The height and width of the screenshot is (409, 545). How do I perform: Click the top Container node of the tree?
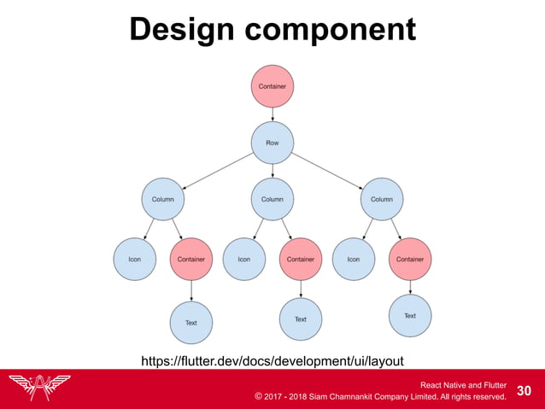click(x=272, y=86)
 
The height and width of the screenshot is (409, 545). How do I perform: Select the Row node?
click(x=272, y=143)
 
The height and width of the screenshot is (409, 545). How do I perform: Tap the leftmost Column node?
click(x=163, y=199)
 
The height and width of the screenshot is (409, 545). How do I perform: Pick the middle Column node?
click(x=272, y=199)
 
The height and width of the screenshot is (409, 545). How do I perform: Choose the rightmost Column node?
click(x=382, y=199)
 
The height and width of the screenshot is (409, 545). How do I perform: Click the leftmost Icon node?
click(x=135, y=260)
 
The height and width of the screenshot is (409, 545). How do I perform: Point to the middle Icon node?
click(x=244, y=260)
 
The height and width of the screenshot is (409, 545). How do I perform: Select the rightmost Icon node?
click(x=354, y=260)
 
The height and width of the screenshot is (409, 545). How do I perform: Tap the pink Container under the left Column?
click(x=191, y=260)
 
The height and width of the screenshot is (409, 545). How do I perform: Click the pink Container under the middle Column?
click(x=301, y=260)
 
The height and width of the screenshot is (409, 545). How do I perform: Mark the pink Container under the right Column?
click(x=410, y=260)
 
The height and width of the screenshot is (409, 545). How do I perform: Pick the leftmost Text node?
click(x=191, y=323)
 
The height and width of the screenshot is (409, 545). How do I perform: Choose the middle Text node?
click(x=301, y=319)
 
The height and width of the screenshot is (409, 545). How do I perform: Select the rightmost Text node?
click(x=410, y=316)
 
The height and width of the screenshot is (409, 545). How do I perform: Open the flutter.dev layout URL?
click(x=272, y=361)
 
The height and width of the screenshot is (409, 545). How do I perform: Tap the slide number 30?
click(x=524, y=390)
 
